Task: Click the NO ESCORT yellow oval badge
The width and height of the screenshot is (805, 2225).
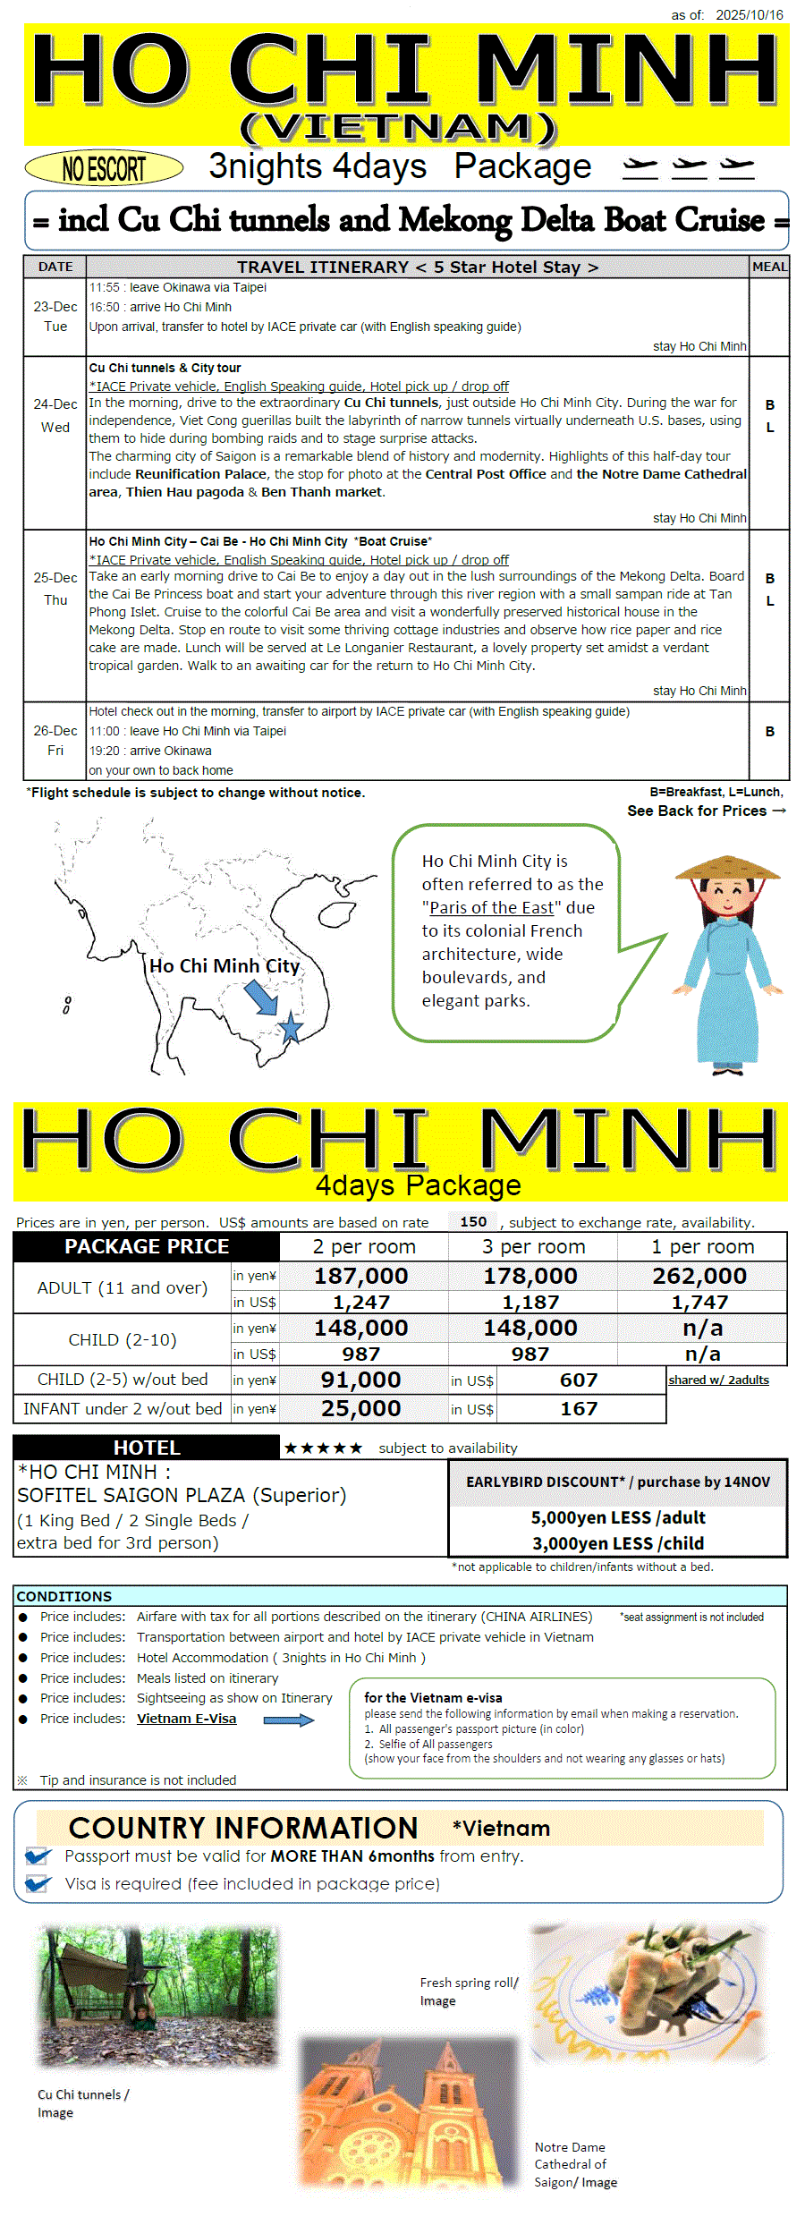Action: (x=104, y=168)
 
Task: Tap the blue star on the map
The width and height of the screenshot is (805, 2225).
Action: (x=291, y=1028)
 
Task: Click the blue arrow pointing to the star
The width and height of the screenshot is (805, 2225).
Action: (x=261, y=997)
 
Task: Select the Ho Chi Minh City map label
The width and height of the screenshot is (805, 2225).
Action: (x=225, y=966)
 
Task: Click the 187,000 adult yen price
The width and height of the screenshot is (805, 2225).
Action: (x=360, y=1276)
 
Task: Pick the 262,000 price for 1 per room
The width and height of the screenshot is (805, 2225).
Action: (x=699, y=1276)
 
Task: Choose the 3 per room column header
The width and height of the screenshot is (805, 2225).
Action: (x=533, y=1246)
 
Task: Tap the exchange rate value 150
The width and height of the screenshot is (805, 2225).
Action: (x=473, y=1222)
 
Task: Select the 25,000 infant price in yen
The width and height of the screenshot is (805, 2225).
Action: (x=360, y=1409)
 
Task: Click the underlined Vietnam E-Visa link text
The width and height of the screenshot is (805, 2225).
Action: (x=186, y=1719)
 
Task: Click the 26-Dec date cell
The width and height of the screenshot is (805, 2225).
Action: (x=55, y=731)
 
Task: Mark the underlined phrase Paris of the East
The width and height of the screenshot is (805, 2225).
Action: (x=492, y=908)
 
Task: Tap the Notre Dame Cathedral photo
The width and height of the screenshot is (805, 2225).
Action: (x=409, y=2112)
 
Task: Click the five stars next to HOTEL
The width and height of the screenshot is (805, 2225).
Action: (x=323, y=1448)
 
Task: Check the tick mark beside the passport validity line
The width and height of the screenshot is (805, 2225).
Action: (x=38, y=1856)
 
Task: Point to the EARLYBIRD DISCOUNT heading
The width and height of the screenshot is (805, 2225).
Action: (x=617, y=1482)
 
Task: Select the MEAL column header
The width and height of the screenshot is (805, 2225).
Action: (x=769, y=267)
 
